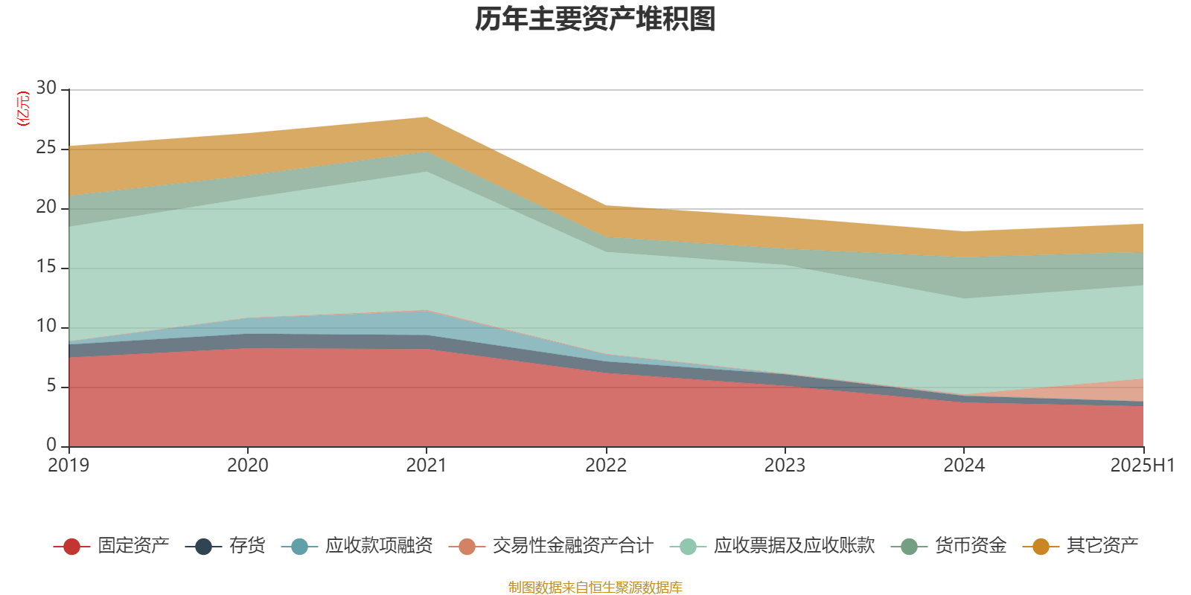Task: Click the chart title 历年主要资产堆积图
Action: point(595,19)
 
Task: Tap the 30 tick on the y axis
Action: point(46,88)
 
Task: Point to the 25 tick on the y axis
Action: point(46,148)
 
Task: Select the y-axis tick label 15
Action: point(46,267)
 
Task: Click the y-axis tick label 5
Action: point(51,386)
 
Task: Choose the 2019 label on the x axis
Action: point(68,466)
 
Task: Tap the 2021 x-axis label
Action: point(426,466)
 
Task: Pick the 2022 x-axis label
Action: point(605,466)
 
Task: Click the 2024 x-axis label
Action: point(963,466)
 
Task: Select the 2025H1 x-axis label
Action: point(1141,466)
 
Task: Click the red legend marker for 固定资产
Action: point(71,547)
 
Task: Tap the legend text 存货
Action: point(246,546)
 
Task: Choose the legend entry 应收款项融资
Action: point(378,546)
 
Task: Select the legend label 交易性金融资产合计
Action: point(572,546)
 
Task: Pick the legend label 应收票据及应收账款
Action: point(794,546)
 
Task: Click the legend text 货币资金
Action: point(970,546)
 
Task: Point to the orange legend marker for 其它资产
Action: point(1041,547)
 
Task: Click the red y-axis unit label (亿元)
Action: point(23,109)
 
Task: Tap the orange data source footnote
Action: point(595,588)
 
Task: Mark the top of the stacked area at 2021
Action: point(427,117)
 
